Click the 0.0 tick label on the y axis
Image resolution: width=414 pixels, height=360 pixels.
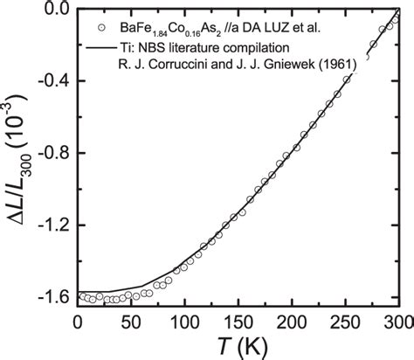(x=55, y=10)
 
